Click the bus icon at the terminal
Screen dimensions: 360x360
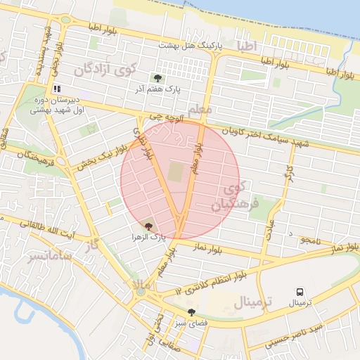tap(300, 292)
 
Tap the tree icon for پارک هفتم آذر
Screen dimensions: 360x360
tap(156, 78)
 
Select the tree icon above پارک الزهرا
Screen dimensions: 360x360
tap(148, 226)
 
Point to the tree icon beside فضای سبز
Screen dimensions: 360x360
tap(191, 311)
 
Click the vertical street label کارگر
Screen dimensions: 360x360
tap(288, 174)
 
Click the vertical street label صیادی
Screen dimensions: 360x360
tap(270, 229)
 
